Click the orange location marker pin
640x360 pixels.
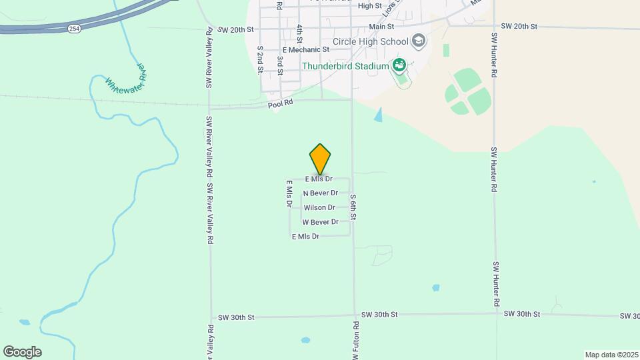(320, 159)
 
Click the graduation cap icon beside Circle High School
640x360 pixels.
(418, 41)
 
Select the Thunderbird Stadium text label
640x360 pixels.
(345, 66)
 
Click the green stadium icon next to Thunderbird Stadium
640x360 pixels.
(399, 65)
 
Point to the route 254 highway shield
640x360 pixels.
(74, 29)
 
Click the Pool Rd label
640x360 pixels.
(280, 103)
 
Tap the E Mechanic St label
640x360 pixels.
(306, 49)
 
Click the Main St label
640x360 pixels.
(382, 26)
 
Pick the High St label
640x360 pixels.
(369, 5)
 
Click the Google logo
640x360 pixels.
(22, 351)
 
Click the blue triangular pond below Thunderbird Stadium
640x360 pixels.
(379, 115)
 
